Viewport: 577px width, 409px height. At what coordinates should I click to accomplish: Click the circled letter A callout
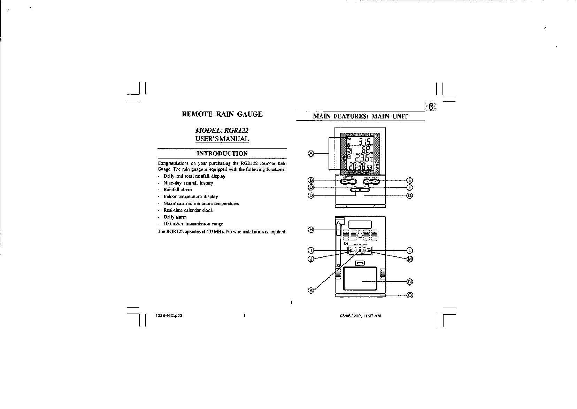click(x=311, y=153)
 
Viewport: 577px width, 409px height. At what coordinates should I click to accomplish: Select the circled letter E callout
click(x=410, y=180)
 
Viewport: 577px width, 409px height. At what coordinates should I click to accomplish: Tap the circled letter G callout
click(x=410, y=195)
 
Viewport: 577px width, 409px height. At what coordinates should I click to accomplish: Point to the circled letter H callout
click(x=311, y=229)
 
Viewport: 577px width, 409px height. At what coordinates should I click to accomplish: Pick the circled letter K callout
click(x=311, y=291)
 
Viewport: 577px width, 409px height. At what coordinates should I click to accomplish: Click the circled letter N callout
click(x=410, y=281)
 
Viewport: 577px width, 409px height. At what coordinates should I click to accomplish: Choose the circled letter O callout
click(x=410, y=295)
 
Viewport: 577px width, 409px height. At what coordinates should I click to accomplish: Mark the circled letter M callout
click(x=410, y=259)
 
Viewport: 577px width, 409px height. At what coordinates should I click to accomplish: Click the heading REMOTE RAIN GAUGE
click(x=222, y=114)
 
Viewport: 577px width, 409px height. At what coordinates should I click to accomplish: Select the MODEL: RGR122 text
click(x=222, y=130)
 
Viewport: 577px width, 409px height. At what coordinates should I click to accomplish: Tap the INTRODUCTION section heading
click(x=222, y=153)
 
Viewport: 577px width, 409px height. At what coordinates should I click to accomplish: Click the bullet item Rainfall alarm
click(x=178, y=190)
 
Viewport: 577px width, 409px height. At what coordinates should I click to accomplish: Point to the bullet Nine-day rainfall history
click(x=188, y=183)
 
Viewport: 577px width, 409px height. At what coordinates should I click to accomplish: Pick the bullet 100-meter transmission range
click(x=193, y=224)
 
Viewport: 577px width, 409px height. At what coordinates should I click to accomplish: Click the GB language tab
click(x=431, y=107)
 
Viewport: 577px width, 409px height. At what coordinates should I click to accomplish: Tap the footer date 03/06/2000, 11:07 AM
click(x=360, y=316)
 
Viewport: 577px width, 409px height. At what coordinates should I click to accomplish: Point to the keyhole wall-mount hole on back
click(x=360, y=234)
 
